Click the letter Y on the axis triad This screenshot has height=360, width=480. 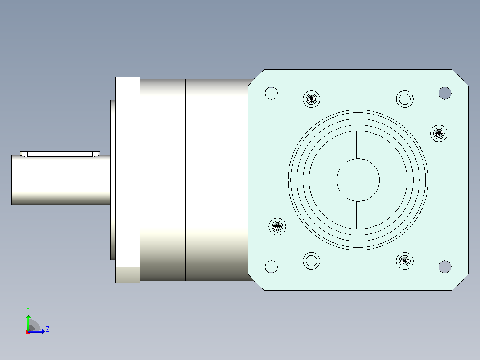click(28, 310)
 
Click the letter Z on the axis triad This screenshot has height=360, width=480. click(48, 329)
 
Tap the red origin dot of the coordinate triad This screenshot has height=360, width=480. click(28, 332)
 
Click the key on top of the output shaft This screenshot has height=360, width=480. click(60, 154)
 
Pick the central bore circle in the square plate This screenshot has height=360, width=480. click(358, 180)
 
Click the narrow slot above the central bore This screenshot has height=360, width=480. click(358, 145)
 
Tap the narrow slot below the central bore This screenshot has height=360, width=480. click(358, 215)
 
